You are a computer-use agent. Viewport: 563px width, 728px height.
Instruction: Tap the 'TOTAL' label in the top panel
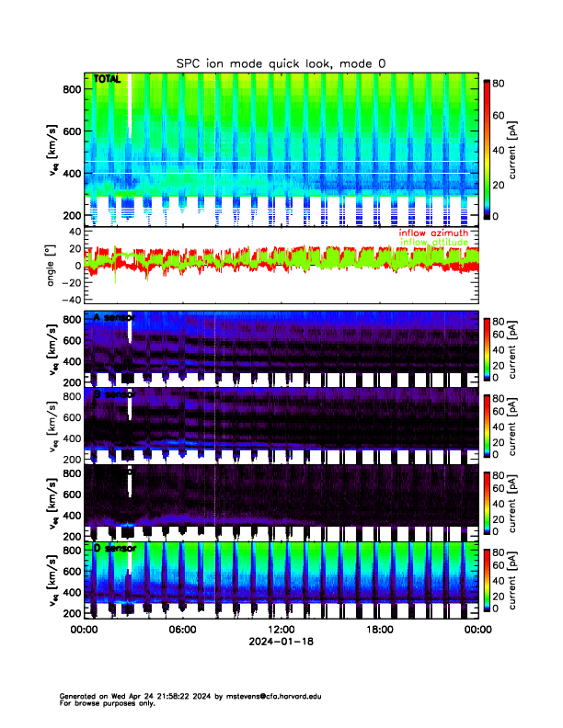coord(107,80)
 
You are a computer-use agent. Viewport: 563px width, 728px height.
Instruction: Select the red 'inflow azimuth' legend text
coord(433,233)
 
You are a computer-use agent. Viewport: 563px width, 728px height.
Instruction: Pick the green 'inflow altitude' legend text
coord(433,242)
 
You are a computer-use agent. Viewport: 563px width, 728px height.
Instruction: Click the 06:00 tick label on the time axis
coord(182,629)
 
